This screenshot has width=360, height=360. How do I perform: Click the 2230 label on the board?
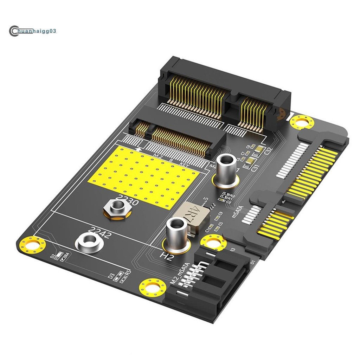coord(127,200)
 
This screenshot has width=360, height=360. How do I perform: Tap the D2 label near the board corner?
coord(52,256)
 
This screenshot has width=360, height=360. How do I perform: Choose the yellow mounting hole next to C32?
coord(302,122)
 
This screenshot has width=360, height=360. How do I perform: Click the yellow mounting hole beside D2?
coord(32,244)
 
